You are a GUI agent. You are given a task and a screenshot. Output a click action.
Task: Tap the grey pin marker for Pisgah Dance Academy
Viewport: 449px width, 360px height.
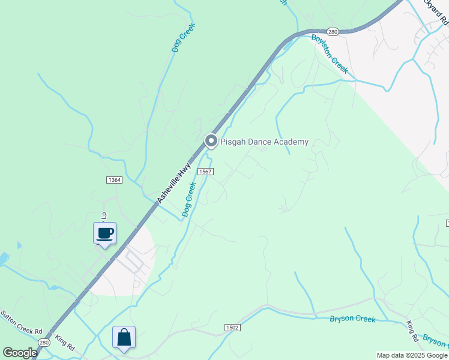pyautogui.click(x=211, y=141)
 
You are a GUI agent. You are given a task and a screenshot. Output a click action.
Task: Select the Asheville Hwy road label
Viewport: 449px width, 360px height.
pyautogui.click(x=173, y=182)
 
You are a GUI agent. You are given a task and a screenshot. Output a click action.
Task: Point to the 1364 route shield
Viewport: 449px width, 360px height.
pyautogui.click(x=114, y=180)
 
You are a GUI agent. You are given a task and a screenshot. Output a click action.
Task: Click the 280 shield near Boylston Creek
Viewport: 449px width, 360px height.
pyautogui.click(x=334, y=31)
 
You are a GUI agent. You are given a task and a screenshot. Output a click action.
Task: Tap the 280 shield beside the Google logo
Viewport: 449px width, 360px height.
pyautogui.click(x=42, y=342)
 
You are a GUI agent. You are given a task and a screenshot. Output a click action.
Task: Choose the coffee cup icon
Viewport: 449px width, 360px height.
pyautogui.click(x=104, y=233)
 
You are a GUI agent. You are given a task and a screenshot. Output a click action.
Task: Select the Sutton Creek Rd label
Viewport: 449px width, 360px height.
pyautogui.click(x=22, y=323)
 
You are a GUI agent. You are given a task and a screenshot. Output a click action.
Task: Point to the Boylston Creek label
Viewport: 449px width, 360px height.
pyautogui.click(x=330, y=53)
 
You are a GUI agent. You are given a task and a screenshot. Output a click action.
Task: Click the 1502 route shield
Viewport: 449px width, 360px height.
pyautogui.click(x=233, y=328)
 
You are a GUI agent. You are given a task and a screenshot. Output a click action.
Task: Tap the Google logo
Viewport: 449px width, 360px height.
pyautogui.click(x=20, y=353)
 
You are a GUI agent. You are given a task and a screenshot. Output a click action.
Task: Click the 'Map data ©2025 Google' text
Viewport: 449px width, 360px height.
pyautogui.click(x=412, y=355)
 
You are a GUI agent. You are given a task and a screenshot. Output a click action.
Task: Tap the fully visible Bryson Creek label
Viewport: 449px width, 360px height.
pyautogui.click(x=353, y=319)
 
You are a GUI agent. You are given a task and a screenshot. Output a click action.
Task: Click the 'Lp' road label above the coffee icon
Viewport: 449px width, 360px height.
pyautogui.click(x=103, y=215)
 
